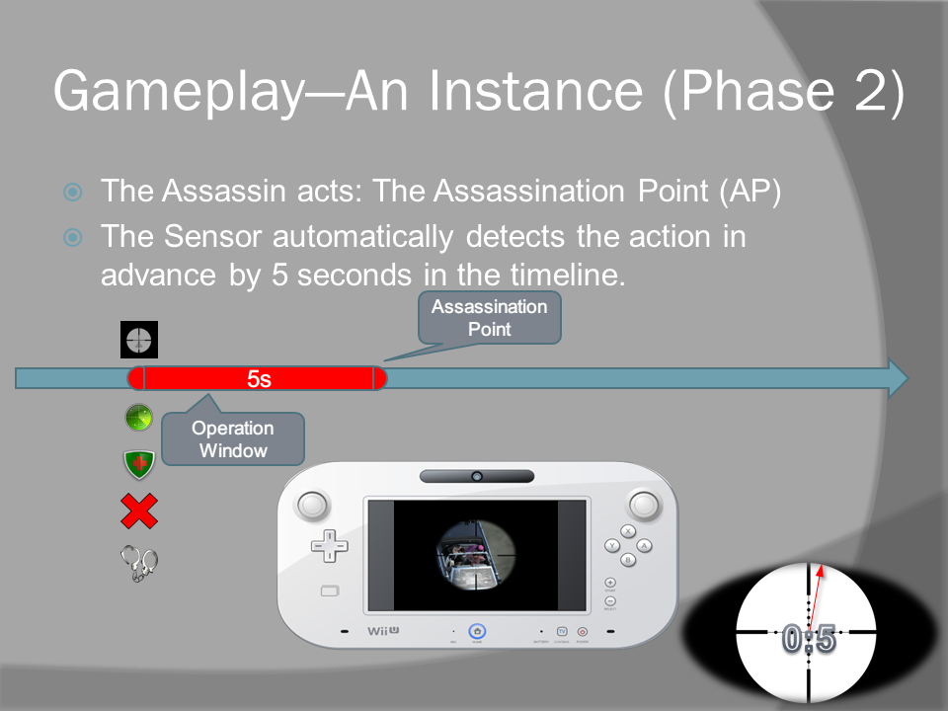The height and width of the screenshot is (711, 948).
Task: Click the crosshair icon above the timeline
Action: coord(139,340)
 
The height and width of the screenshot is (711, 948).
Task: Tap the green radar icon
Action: coord(138,417)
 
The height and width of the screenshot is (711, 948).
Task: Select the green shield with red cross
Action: coord(139,464)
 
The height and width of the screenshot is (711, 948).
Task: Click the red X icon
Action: coord(139,512)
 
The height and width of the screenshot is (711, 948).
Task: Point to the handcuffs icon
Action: coord(139,564)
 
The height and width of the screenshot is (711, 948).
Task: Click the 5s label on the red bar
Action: coord(259,379)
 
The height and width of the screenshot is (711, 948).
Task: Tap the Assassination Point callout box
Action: coord(490,318)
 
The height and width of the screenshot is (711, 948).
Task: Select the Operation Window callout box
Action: coord(233,438)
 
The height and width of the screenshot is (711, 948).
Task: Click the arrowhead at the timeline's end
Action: coord(898,378)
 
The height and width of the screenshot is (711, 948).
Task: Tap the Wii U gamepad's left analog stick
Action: coord(312,506)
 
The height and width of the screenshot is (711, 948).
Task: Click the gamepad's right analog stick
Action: coord(643,505)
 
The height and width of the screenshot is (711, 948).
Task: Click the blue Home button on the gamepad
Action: coord(477,632)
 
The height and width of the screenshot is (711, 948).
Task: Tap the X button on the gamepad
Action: coord(628,531)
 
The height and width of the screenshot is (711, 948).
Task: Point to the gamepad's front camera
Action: coord(477,476)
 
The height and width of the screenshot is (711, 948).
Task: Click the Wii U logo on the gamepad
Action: coord(383,631)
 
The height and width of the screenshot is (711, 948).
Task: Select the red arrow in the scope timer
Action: coord(815,597)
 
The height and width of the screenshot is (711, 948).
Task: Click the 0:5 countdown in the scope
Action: coord(809,639)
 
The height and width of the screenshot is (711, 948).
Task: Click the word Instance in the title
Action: coord(535,91)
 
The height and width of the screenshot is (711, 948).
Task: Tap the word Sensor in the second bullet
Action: coord(213,236)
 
